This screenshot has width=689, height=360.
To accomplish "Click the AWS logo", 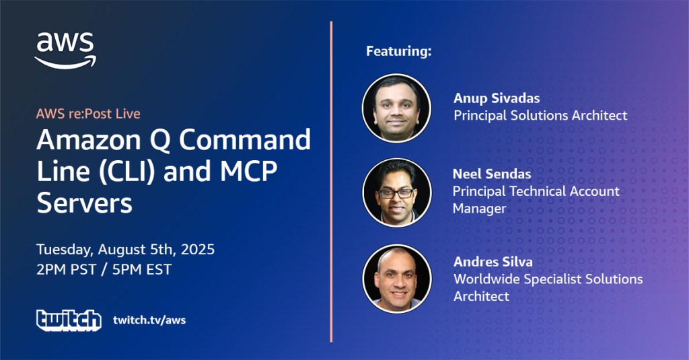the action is tap(65, 50).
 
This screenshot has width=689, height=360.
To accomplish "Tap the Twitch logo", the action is tap(69, 320).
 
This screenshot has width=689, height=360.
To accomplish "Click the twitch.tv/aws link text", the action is tap(149, 320).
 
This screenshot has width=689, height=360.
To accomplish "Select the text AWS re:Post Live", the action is tap(88, 114).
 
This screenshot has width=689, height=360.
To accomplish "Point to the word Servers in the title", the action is tap(84, 203).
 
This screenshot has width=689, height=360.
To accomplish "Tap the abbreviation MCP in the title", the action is tap(248, 171).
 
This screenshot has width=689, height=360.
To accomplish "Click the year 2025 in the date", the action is tap(198, 249).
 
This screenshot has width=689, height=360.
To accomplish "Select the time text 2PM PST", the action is tap(67, 269).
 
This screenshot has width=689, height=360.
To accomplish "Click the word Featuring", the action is tap(399, 51).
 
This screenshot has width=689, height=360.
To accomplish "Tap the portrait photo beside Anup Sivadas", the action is tap(396, 108).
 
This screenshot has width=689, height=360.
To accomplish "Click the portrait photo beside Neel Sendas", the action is tap(397, 192).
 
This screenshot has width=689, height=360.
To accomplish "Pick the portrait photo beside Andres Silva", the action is tap(397, 279).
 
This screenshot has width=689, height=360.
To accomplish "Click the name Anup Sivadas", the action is tap(497, 98).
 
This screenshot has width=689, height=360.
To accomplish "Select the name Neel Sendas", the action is tap(492, 174).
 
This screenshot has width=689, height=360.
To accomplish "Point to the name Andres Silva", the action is tap(493, 262).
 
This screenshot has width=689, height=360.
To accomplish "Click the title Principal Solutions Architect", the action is tap(540, 115).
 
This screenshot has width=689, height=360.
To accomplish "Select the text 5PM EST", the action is tap(142, 269).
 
